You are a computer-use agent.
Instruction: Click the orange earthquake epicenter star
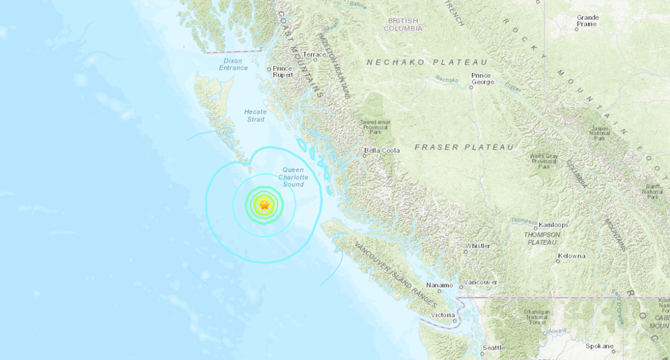point(265,205)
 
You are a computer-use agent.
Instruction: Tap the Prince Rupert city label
point(281,72)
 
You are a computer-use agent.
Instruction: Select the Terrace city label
point(314,54)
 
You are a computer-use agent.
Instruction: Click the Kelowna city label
point(571,256)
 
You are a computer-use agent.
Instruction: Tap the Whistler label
point(478,246)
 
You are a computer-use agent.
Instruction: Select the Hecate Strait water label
point(256,116)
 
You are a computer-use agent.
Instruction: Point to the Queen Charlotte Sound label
point(293,177)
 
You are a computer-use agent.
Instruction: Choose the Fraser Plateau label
point(464,147)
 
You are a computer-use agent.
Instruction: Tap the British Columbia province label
point(403,25)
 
